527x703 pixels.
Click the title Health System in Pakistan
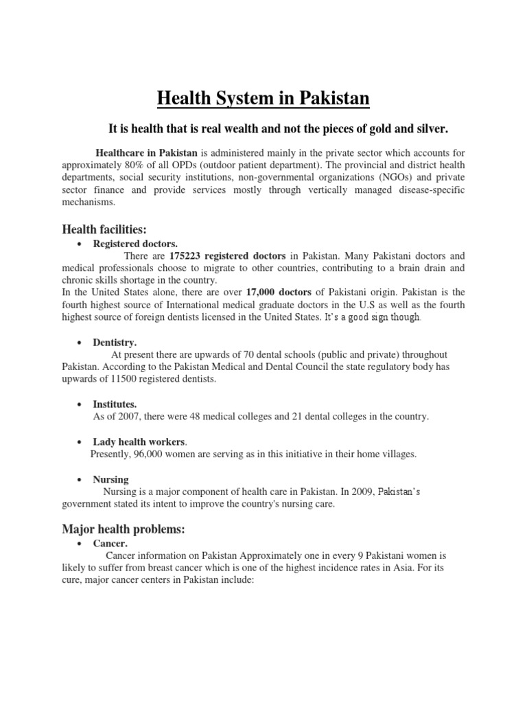pyautogui.click(x=263, y=100)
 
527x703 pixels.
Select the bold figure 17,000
pyautogui.click(x=259, y=292)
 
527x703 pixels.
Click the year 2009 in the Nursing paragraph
pyautogui.click(x=360, y=491)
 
